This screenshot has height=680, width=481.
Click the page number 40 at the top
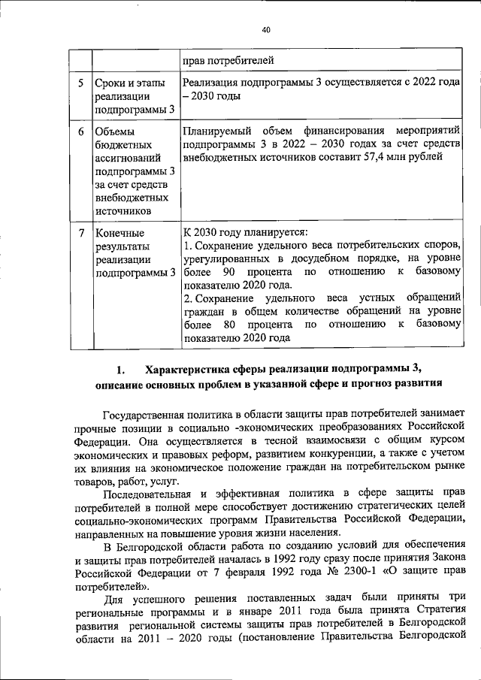265,30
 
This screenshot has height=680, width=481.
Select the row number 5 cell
80,82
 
